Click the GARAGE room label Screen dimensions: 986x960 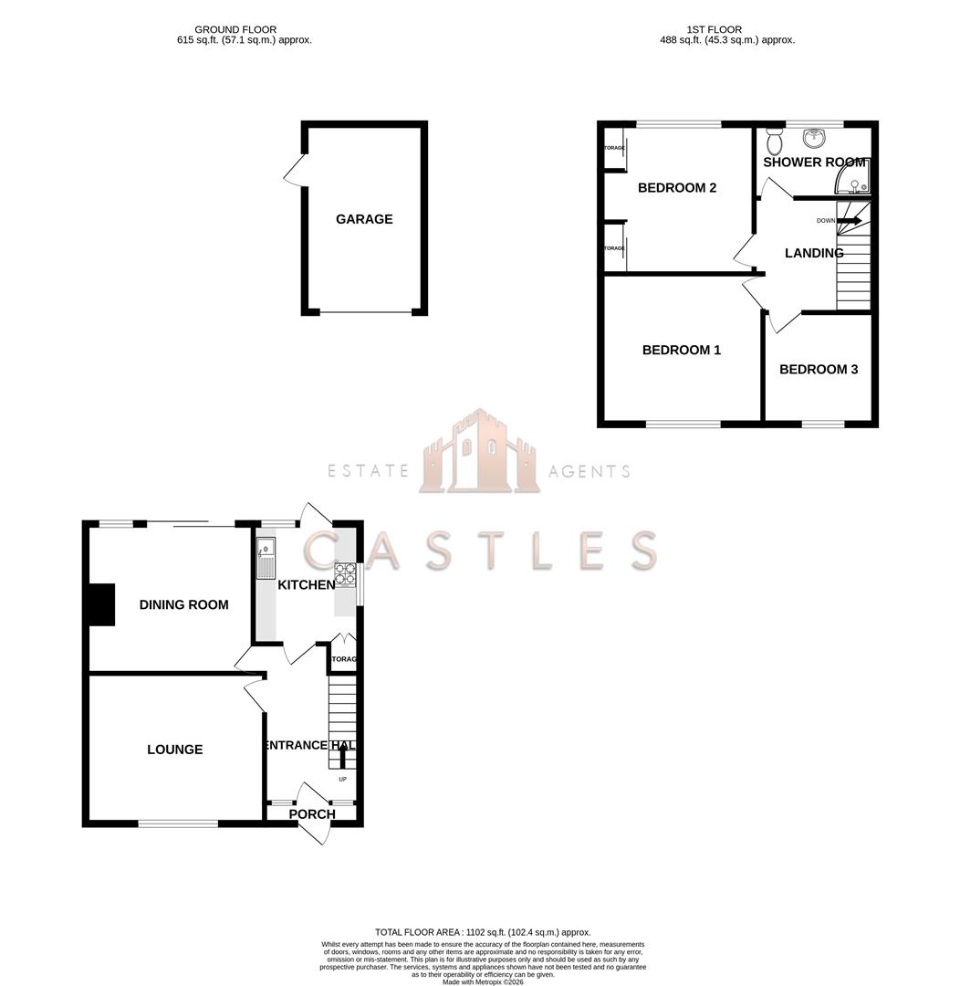point(364,219)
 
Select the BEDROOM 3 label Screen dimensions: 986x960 point(818,370)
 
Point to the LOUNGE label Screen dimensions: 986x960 point(175,750)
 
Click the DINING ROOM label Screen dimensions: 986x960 point(183,604)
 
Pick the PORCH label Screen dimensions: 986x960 point(312,814)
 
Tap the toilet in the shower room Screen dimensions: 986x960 point(775,142)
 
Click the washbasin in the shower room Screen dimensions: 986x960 point(814,138)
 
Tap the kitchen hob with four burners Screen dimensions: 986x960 point(346,572)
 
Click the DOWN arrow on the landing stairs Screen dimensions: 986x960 point(849,220)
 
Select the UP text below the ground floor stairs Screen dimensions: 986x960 point(343,779)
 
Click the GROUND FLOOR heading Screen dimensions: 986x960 point(235,30)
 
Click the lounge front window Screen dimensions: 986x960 point(178,823)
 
